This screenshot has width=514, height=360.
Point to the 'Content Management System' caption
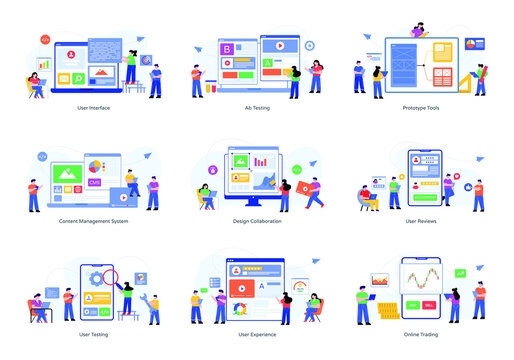(x=93, y=221)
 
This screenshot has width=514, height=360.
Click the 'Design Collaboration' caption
(x=256, y=221)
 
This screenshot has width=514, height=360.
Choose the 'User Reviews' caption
(x=420, y=221)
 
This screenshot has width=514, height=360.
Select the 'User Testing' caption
(x=92, y=335)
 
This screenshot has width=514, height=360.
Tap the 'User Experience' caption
(x=256, y=335)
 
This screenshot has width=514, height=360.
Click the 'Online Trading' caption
(x=420, y=335)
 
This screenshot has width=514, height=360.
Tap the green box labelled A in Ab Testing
(x=268, y=63)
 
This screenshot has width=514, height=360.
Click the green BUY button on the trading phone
(x=413, y=304)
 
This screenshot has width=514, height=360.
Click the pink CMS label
(x=94, y=182)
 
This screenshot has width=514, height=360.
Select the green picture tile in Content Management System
(x=68, y=175)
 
